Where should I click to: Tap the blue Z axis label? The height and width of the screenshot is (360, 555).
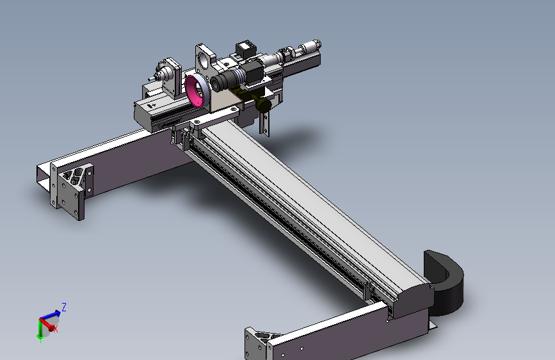click(x=64, y=307)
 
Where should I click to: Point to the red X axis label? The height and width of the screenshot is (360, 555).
click(x=56, y=329)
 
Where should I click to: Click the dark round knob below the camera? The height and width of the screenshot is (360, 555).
click(x=263, y=104)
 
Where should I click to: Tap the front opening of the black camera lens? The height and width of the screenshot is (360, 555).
click(x=215, y=84)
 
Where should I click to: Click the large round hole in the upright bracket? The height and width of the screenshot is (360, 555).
click(x=204, y=61)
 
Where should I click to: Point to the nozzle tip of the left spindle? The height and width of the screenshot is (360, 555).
click(x=150, y=79)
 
